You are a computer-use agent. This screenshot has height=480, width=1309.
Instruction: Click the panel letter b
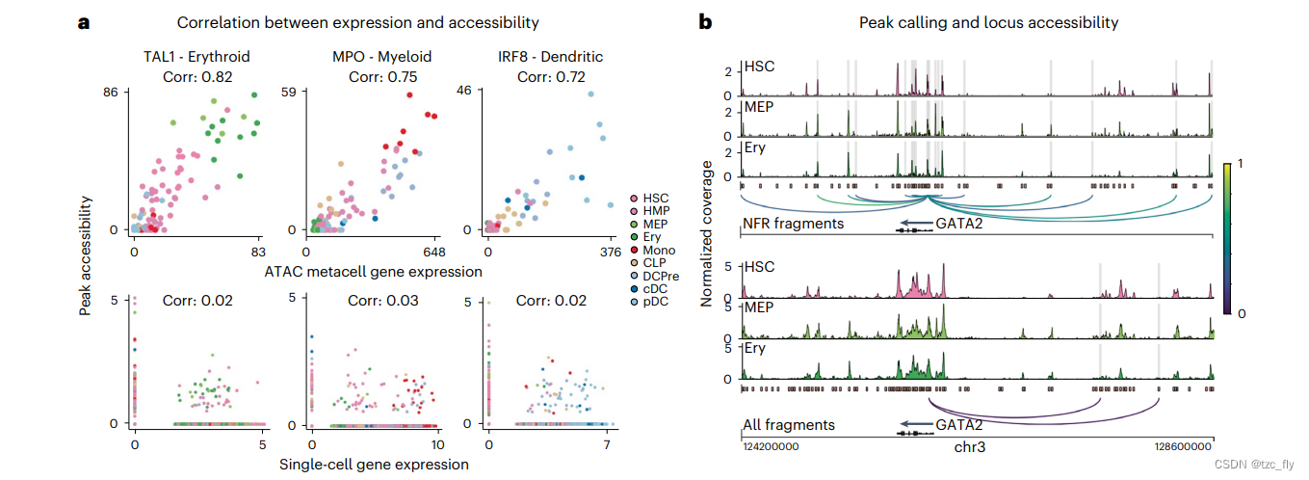pyautogui.click(x=705, y=22)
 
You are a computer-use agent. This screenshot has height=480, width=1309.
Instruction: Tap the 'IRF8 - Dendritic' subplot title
pyautogui.click(x=545, y=57)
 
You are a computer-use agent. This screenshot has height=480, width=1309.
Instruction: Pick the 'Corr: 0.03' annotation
pyautogui.click(x=373, y=301)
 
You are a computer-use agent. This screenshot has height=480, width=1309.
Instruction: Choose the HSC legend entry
pyautogui.click(x=656, y=198)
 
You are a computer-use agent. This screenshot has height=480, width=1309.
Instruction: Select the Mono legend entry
pyautogui.click(x=658, y=250)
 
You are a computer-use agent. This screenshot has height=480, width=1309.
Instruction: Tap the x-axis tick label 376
pyautogui.click(x=611, y=253)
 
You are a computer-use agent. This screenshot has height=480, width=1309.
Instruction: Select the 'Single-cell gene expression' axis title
pyautogui.click(x=374, y=464)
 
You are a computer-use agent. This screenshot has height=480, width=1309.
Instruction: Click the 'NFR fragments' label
pyautogui.click(x=793, y=225)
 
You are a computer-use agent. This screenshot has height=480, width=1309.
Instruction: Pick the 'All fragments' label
pyautogui.click(x=789, y=425)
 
